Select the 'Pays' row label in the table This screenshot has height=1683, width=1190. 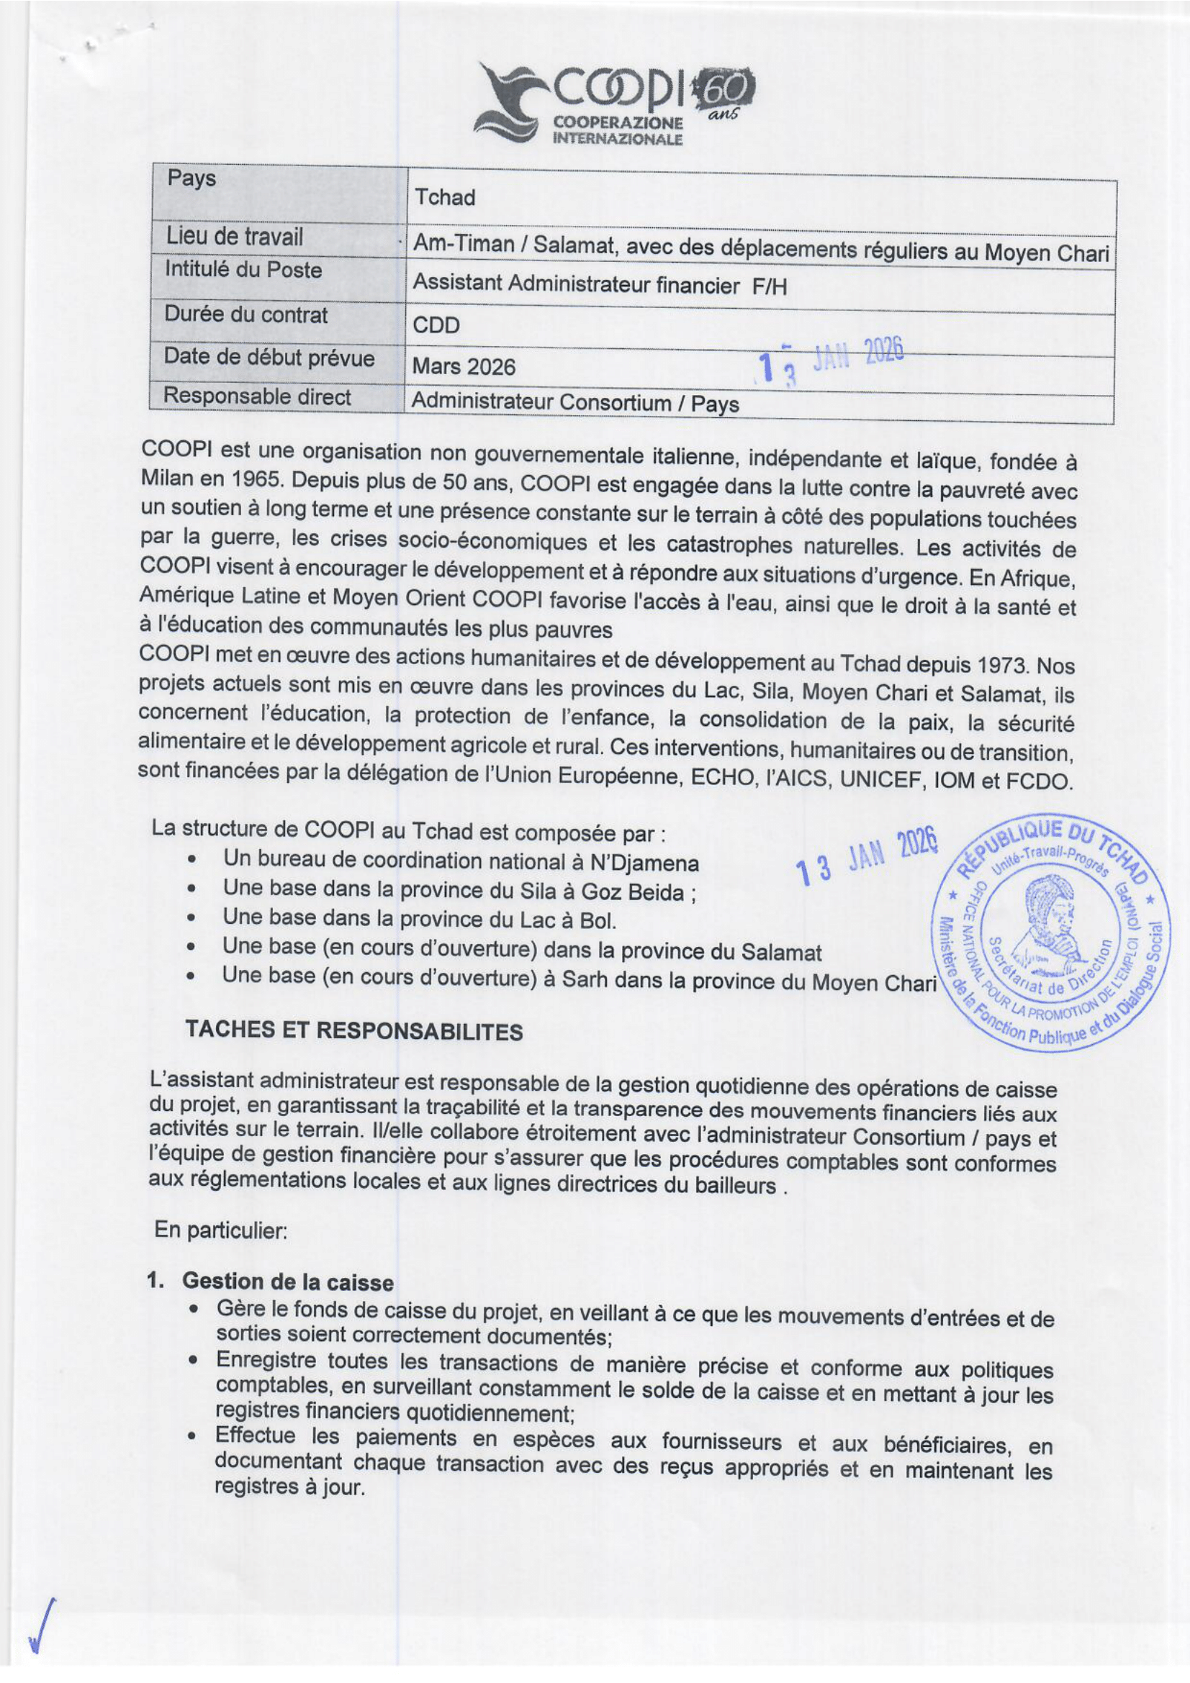(191, 178)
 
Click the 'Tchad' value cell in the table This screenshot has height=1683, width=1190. (444, 197)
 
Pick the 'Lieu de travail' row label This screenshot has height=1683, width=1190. (234, 237)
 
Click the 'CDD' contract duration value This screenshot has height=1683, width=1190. (436, 325)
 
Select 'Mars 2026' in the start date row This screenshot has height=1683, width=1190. (464, 366)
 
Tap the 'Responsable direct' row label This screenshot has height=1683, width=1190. (257, 396)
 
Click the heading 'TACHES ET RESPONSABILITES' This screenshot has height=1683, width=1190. (354, 1030)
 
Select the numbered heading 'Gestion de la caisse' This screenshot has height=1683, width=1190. (287, 1282)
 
